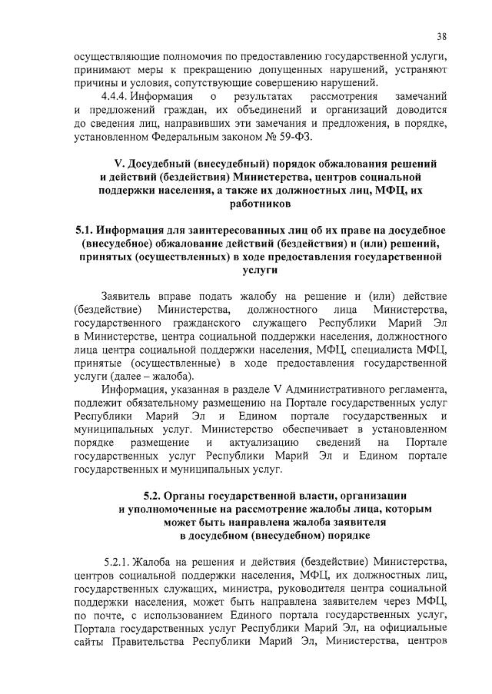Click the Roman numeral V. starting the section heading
pos(118,164)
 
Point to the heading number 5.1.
pos(87,231)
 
